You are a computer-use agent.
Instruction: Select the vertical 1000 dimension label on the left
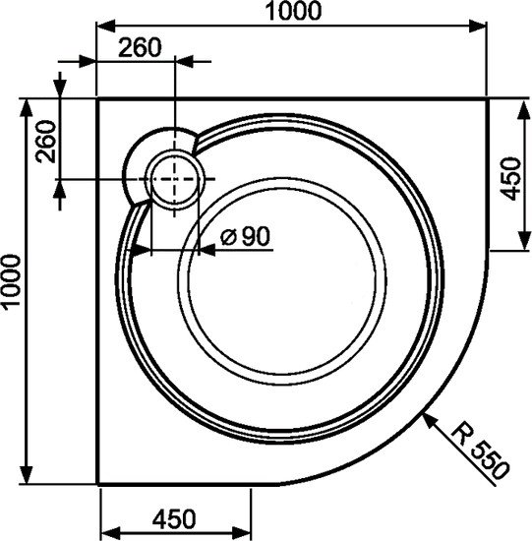[12, 281]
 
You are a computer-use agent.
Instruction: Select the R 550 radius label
[482, 451]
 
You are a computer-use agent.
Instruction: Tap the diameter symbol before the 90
[226, 237]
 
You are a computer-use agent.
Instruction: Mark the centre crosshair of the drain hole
[175, 180]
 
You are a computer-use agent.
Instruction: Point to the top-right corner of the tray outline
[488, 98]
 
